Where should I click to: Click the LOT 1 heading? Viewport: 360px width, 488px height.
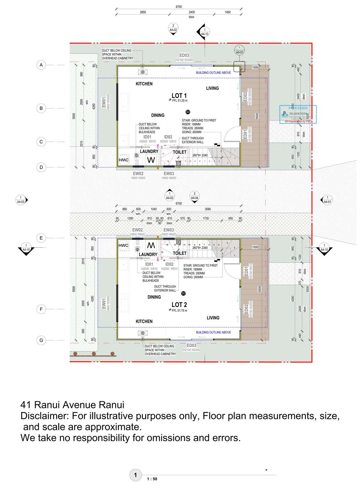[x=179, y=96]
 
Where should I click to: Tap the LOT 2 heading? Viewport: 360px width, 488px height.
[x=179, y=305]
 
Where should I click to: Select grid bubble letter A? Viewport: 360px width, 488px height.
[x=41, y=65]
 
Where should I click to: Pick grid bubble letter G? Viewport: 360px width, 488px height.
[x=41, y=340]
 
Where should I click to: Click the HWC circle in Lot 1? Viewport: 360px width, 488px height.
[x=124, y=160]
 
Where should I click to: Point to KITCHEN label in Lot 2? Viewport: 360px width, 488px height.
[x=144, y=321]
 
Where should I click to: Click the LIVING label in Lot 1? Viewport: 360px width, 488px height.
[x=212, y=88]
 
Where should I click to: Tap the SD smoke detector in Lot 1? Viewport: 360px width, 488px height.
[x=188, y=112]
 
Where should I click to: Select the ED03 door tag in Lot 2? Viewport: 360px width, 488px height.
[x=191, y=346]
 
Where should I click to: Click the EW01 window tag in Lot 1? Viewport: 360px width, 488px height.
[x=104, y=102]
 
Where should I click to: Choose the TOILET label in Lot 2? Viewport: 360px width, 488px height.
[x=180, y=253]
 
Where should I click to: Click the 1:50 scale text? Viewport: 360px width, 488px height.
[x=152, y=479]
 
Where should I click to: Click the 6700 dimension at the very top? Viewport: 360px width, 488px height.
[x=178, y=7]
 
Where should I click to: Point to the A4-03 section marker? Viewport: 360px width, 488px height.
[x=21, y=200]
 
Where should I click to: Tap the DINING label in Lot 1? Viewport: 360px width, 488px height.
[x=158, y=115]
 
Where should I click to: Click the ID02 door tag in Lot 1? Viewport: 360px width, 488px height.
[x=168, y=137]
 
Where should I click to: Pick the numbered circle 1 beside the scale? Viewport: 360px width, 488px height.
[x=135, y=475]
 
